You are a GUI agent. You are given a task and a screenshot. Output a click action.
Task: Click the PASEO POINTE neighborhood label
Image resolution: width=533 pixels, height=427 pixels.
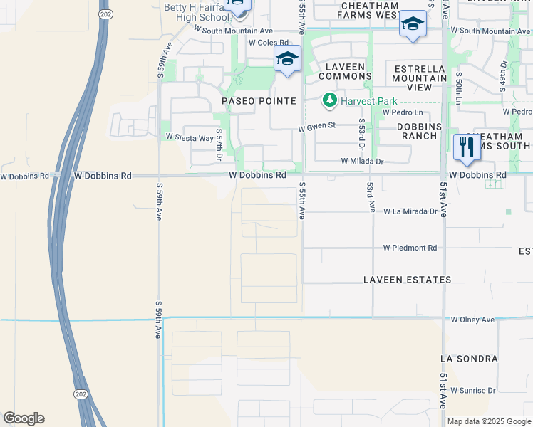point(259,101)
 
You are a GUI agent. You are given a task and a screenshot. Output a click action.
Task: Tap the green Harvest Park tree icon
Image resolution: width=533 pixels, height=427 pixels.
point(329,101)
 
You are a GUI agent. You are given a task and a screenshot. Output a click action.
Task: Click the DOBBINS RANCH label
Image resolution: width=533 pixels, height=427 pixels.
point(420,131)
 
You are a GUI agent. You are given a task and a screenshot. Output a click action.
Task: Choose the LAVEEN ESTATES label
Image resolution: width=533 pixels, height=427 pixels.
point(407,280)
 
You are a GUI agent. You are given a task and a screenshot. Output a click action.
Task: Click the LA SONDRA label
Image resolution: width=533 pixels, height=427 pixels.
point(469,358)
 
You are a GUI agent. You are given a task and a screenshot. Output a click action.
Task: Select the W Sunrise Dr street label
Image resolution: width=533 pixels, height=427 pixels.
point(472,390)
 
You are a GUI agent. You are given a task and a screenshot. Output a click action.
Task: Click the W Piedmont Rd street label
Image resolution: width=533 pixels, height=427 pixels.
point(410,248)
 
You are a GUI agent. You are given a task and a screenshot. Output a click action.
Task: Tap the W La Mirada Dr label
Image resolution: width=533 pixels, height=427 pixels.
point(410,211)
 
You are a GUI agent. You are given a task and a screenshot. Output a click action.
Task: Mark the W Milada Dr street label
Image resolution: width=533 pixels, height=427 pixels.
point(362,162)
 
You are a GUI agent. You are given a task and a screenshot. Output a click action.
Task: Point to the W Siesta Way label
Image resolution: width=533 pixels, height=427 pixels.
point(190,137)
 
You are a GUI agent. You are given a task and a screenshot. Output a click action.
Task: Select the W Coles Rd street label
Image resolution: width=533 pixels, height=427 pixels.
point(268,43)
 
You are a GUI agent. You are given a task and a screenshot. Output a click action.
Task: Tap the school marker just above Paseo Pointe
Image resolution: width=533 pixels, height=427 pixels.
point(286,60)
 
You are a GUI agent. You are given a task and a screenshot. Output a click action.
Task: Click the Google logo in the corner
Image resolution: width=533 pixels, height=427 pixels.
point(24,418)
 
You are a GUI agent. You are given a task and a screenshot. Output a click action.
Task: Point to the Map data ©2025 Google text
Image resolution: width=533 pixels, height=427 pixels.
point(489,421)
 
